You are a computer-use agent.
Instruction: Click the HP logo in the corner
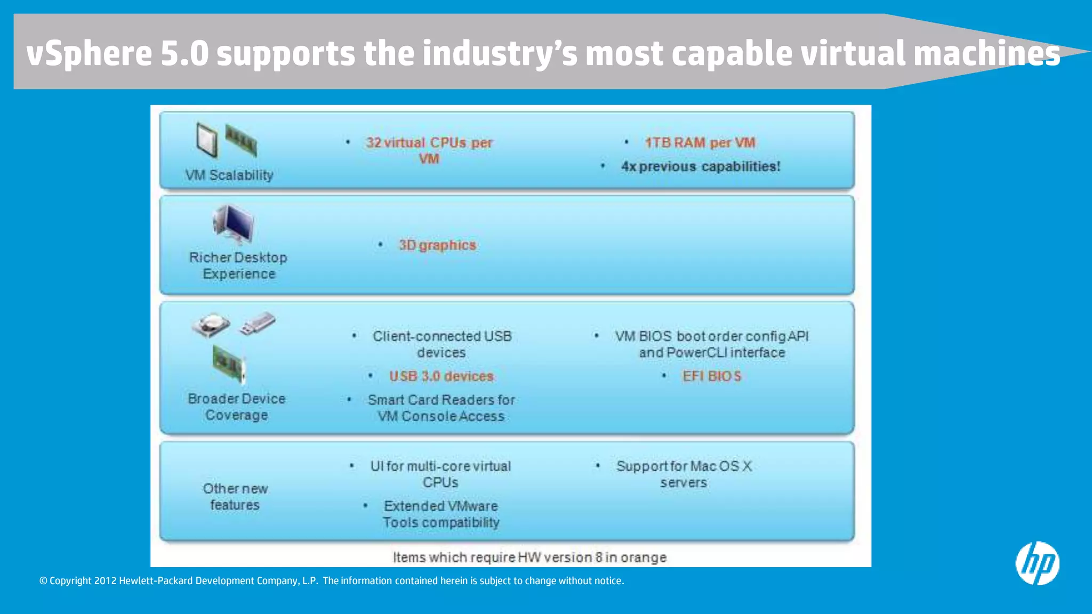(x=1037, y=563)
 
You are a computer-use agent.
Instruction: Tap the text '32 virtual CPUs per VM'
(x=429, y=150)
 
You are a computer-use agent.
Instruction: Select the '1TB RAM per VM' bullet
(x=700, y=143)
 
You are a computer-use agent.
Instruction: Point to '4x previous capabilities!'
(x=700, y=166)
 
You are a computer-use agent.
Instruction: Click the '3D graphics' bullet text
(x=437, y=245)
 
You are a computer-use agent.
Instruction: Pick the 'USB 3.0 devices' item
(x=441, y=376)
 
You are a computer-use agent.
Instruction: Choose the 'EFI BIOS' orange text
(x=712, y=376)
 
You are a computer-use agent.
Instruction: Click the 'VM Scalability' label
(x=229, y=175)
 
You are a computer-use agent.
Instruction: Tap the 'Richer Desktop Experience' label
(x=238, y=265)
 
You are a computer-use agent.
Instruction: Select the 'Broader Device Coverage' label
(x=237, y=407)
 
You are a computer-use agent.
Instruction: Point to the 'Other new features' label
(x=235, y=497)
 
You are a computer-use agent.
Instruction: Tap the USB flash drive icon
(x=258, y=324)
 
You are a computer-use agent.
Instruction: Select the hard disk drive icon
(x=211, y=325)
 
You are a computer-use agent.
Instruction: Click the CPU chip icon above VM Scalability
(x=207, y=140)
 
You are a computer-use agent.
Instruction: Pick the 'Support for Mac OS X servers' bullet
(x=684, y=474)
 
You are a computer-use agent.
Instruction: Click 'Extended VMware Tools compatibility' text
(x=441, y=514)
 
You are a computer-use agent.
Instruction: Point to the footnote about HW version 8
(x=529, y=558)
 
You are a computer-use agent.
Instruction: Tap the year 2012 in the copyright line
(x=105, y=581)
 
